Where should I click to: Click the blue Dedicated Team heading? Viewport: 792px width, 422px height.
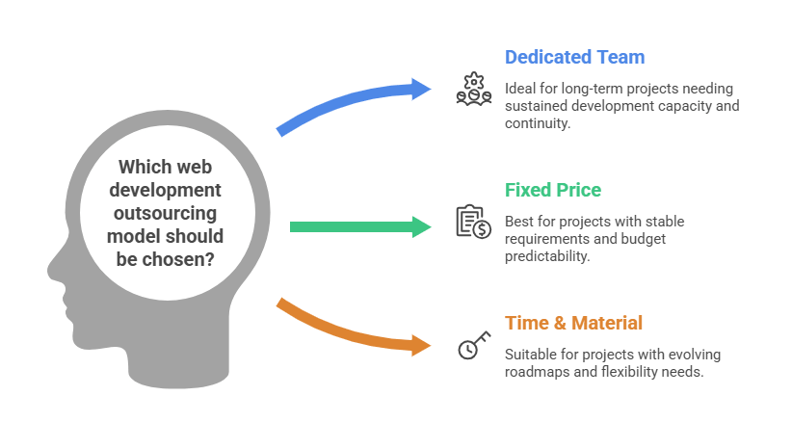(x=575, y=58)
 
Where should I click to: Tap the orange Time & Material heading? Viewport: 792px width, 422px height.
(x=573, y=323)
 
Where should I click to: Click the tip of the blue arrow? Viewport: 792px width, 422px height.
(x=436, y=90)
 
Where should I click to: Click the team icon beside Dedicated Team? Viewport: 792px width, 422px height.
(x=473, y=89)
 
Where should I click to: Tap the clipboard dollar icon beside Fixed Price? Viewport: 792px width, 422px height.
(x=473, y=222)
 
